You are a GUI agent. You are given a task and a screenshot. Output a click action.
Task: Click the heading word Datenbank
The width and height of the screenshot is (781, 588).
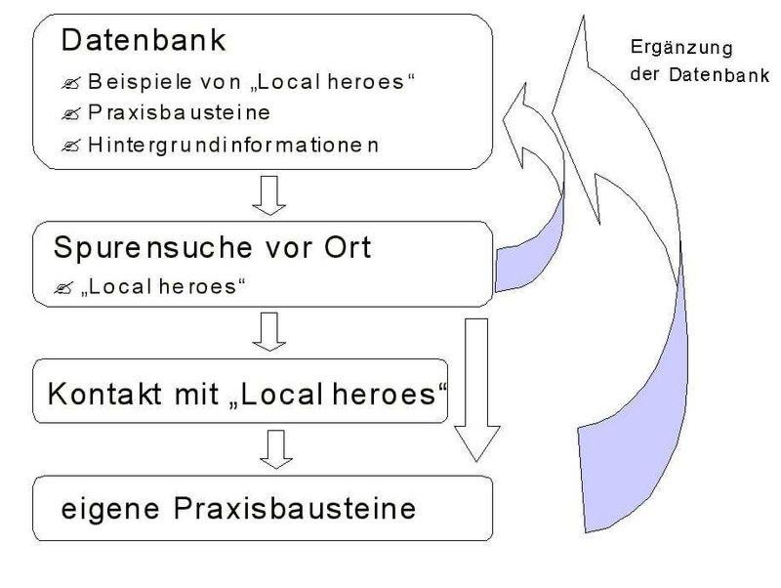coord(144,40)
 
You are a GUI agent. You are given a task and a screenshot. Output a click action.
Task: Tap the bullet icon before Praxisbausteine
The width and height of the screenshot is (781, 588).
coord(70,114)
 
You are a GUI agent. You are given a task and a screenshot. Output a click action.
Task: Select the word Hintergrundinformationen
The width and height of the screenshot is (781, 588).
coord(233,146)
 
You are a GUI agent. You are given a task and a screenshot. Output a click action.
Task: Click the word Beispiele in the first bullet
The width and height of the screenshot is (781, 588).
coord(140,82)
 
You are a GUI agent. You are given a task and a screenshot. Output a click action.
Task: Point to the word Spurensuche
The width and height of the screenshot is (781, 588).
coord(152,248)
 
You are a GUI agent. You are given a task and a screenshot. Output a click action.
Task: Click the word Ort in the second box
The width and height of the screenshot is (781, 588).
coord(348,247)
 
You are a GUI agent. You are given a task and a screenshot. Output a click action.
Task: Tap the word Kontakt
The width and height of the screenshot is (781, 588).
coord(104,394)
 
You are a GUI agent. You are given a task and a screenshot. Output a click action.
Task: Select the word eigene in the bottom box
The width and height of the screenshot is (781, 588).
coord(110,510)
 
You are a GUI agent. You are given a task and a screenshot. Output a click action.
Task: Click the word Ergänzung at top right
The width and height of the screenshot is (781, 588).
coord(680,48)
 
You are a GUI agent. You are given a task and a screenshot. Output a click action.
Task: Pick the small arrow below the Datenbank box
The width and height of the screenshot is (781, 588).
coord(269,195)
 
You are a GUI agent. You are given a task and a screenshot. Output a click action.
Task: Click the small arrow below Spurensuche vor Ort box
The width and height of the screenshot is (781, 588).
coord(269,332)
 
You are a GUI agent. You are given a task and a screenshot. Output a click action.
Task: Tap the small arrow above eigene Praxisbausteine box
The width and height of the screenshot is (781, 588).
coord(276,449)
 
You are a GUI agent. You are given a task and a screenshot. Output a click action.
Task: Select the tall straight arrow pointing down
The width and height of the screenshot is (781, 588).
coord(476,390)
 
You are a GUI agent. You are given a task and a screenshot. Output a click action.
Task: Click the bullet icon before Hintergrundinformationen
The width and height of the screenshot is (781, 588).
coord(70,146)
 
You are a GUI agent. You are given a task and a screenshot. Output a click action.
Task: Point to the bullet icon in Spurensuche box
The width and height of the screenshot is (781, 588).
coord(63,288)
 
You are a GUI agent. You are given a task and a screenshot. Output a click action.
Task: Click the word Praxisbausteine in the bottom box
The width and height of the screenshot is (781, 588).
coord(295,509)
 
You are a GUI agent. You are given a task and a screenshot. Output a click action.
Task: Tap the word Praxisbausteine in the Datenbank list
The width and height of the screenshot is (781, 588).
coord(179,112)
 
